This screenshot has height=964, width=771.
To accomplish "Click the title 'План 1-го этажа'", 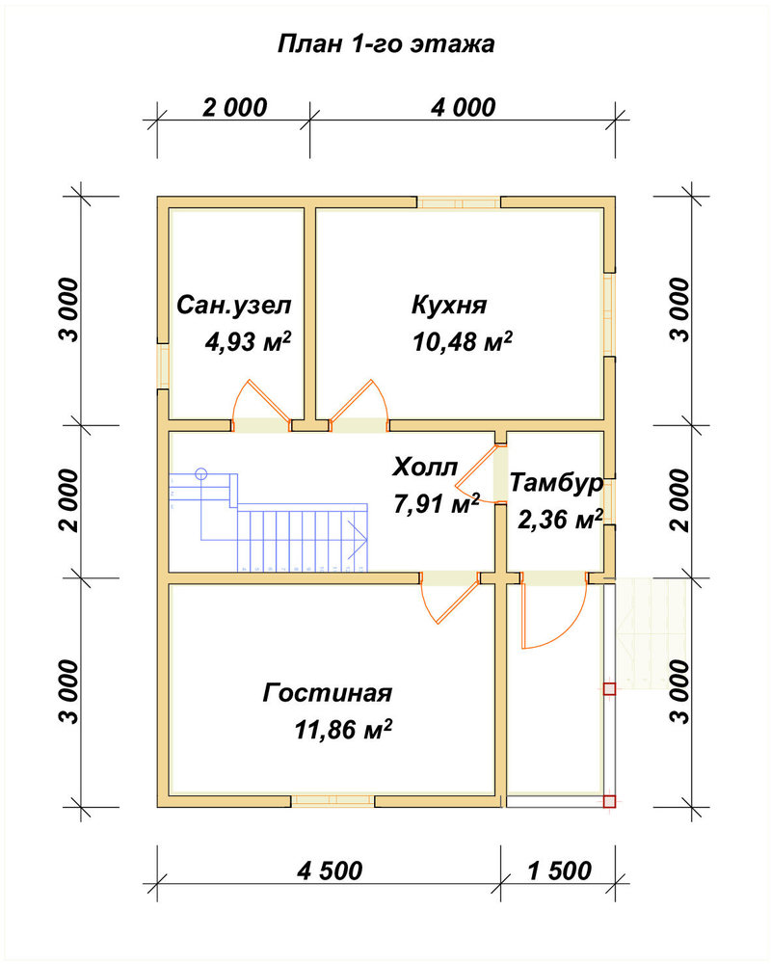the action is click(386, 45).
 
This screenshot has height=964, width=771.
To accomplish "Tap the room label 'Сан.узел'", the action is click(233, 306).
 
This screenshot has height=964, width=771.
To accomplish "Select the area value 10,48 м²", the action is click(463, 341).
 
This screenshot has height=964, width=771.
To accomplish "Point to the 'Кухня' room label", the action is click(449, 305).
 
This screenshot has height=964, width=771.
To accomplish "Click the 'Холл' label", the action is click(425, 468).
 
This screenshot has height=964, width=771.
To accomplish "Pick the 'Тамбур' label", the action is click(556, 483).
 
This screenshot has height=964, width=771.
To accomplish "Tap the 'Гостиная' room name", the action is click(327, 693).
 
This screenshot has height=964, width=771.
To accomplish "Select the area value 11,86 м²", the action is click(343, 730).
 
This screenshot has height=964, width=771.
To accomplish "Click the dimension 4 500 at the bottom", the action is click(330, 870).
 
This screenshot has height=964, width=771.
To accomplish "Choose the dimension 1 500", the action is click(560, 870).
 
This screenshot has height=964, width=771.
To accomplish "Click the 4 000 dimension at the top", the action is click(463, 108).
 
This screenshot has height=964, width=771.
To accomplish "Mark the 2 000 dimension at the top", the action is click(235, 108).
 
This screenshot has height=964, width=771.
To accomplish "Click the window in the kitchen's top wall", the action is click(460, 202).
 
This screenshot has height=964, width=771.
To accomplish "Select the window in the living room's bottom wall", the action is click(332, 800).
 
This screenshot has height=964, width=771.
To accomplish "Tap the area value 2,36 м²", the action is click(560, 521).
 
